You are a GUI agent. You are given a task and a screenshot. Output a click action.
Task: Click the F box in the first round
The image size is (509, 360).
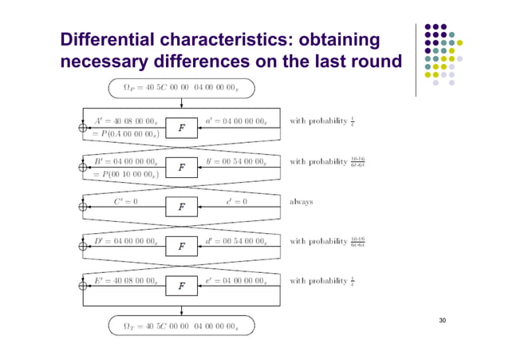pyautogui.click(x=182, y=126)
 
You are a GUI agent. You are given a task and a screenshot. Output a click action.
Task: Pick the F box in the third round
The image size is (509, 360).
pyautogui.click(x=182, y=208)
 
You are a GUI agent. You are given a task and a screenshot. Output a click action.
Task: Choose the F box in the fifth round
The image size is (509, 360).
pyautogui.click(x=182, y=286)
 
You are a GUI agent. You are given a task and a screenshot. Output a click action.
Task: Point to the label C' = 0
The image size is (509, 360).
pyautogui.click(x=125, y=202)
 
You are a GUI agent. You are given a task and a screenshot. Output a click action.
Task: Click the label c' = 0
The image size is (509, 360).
pyautogui.click(x=237, y=202)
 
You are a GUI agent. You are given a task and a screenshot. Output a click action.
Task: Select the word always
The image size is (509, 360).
pyautogui.click(x=301, y=202)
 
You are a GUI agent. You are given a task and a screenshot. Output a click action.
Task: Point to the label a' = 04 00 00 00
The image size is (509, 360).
pyautogui.click(x=236, y=121)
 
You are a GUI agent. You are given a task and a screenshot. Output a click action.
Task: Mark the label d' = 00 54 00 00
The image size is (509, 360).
pyautogui.click(x=236, y=240)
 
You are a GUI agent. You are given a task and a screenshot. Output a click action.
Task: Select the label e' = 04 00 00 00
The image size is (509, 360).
pyautogui.click(x=236, y=280)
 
